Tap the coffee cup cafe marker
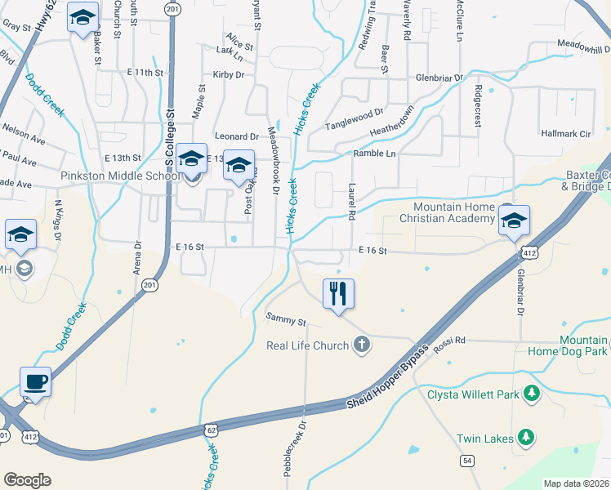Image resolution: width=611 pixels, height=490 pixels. click(36, 381)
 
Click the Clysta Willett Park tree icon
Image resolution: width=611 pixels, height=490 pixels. click(532, 394)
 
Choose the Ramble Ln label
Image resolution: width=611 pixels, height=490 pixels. click(374, 154)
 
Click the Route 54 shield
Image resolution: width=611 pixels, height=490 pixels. click(467, 461)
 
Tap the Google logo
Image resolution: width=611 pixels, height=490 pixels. click(27, 480)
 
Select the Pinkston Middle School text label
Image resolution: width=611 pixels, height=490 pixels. click(119, 176)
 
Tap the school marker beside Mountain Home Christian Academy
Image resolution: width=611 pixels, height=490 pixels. click(514, 221)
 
